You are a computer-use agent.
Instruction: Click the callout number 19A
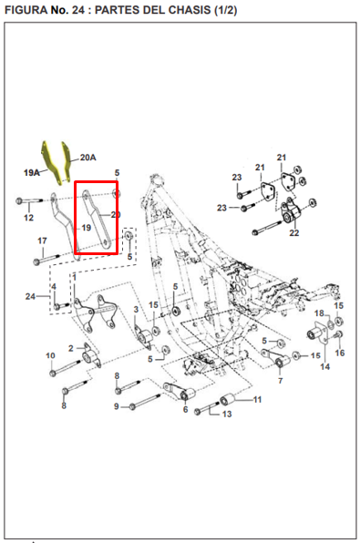(31, 172)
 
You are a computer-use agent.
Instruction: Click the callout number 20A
(88, 158)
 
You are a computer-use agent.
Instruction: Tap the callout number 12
(29, 218)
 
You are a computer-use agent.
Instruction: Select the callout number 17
(42, 241)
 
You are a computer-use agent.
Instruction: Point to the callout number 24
(30, 296)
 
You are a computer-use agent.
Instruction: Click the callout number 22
(294, 232)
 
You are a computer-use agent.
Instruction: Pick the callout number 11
(257, 400)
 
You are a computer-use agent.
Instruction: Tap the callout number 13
(227, 414)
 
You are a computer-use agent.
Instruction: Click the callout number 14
(325, 366)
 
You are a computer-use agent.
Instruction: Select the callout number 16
(340, 353)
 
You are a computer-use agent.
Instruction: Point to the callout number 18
(319, 313)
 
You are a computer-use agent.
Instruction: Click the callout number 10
(51, 355)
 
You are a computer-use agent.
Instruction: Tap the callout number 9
(117, 406)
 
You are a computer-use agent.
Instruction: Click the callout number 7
(281, 381)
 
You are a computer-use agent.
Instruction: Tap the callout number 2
(71, 348)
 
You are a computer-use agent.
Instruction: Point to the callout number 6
(185, 410)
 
